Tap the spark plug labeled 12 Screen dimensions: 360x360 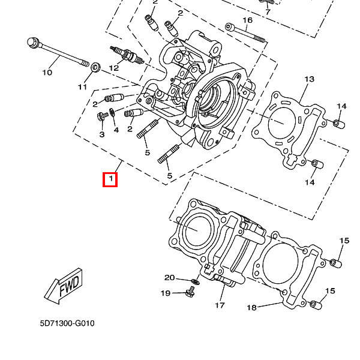click(127, 55)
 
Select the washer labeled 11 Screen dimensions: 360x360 click(95, 67)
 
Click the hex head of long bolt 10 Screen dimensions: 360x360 click(33, 43)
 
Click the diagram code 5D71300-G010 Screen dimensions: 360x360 click(67, 323)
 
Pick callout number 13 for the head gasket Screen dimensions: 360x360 click(309, 79)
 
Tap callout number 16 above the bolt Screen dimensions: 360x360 click(247, 20)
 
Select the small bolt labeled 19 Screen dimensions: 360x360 click(191, 292)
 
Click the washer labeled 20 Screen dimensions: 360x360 click(195, 281)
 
